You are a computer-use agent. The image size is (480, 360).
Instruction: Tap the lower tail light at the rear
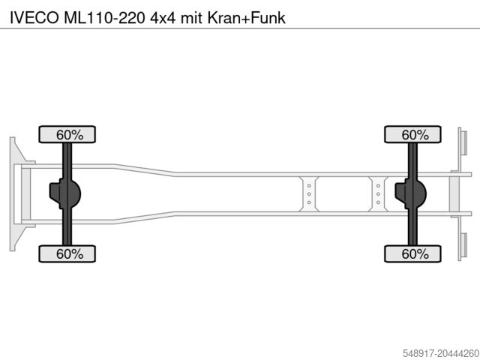[x=463, y=245]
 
